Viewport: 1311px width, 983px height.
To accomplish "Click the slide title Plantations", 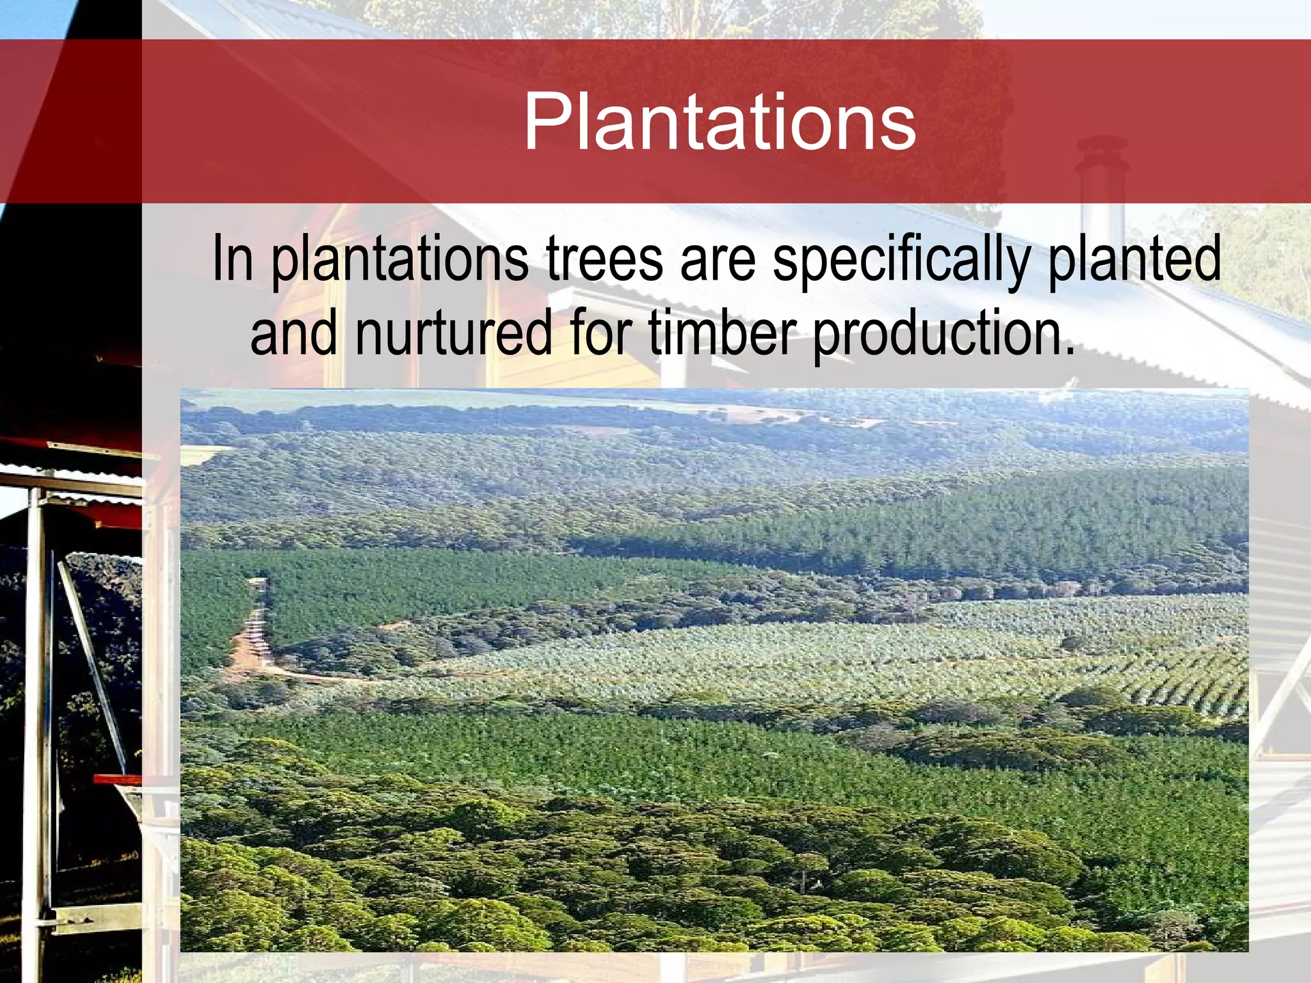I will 720,122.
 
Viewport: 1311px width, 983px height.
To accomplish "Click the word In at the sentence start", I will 232,259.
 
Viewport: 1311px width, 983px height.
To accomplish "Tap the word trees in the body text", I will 604,259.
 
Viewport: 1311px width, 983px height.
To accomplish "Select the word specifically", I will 901,260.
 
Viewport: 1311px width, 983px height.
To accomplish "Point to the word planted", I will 1134,260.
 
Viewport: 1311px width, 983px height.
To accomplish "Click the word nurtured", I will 453,333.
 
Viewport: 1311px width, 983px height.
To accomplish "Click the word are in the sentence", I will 717,260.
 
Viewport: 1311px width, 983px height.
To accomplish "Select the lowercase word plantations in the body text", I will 400,260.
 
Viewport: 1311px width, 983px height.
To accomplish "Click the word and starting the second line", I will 293,333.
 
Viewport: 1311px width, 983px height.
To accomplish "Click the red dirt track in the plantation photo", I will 251,640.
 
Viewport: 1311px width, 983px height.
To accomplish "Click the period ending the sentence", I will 1067,352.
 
